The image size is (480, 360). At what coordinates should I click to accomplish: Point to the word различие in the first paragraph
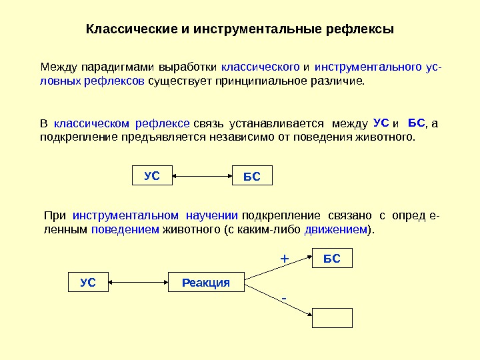point(337,81)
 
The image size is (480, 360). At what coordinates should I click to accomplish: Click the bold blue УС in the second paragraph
point(381,123)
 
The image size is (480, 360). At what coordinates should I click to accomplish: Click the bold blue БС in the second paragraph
point(416,123)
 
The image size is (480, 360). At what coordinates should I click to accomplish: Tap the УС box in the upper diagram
point(152,176)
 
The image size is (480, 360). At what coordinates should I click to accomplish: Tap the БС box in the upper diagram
point(252,177)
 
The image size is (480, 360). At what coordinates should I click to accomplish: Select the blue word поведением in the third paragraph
point(125,229)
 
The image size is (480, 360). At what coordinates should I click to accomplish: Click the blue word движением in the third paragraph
point(336,229)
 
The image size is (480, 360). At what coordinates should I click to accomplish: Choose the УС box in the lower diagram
point(88,283)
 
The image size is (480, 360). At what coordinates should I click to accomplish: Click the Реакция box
point(205,283)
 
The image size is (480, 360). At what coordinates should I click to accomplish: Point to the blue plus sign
point(283,257)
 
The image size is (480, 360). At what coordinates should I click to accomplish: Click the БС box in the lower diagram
point(332,259)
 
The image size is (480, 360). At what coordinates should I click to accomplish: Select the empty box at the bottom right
point(332,317)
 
